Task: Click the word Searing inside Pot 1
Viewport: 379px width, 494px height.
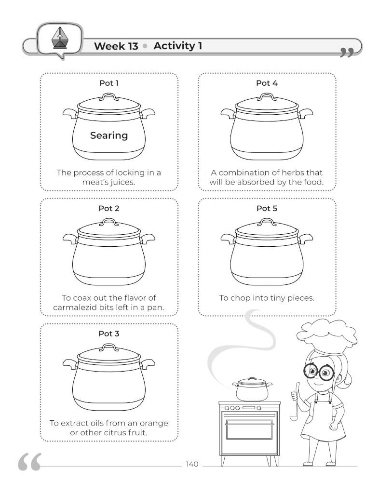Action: pyautogui.click(x=109, y=136)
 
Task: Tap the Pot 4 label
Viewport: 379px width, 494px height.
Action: pyautogui.click(x=267, y=83)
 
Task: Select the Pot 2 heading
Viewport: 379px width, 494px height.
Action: pyautogui.click(x=109, y=209)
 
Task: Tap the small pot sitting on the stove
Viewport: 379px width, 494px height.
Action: pyautogui.click(x=252, y=389)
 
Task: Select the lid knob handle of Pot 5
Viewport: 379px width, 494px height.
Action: pyautogui.click(x=266, y=222)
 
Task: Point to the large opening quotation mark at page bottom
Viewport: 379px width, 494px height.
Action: pyautogui.click(x=30, y=463)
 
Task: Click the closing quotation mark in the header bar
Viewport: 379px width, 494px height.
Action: pyautogui.click(x=346, y=53)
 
